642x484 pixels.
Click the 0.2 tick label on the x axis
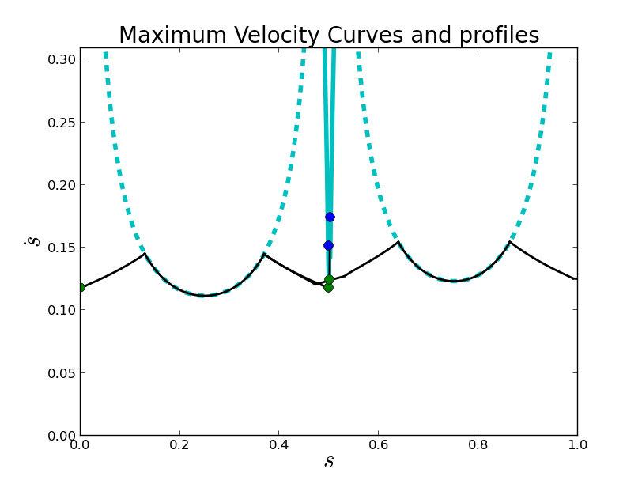179,445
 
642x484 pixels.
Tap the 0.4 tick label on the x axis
279,445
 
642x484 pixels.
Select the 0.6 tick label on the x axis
379,445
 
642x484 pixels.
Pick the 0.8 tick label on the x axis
478,445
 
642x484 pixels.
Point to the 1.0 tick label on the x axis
577,445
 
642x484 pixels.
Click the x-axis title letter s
329,463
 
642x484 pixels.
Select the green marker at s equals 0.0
80,287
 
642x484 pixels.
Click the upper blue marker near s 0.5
330,217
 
